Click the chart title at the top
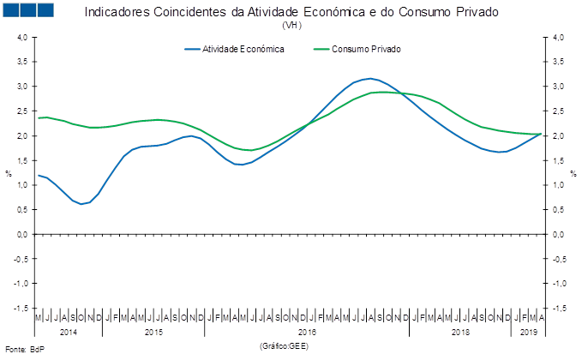(x=291, y=12)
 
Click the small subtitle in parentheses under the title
(x=291, y=25)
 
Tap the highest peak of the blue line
(x=369, y=78)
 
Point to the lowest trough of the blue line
(x=82, y=204)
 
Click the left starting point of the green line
(x=39, y=117)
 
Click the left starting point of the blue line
(x=39, y=175)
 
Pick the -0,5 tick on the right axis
(x=557, y=258)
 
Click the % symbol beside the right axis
(x=573, y=173)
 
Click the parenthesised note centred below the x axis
(x=283, y=345)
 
